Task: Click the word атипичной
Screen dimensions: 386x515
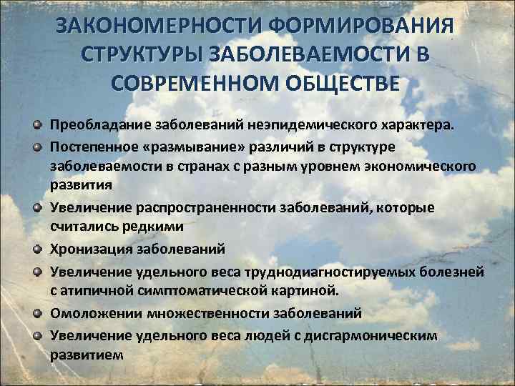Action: [x=114, y=290]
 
